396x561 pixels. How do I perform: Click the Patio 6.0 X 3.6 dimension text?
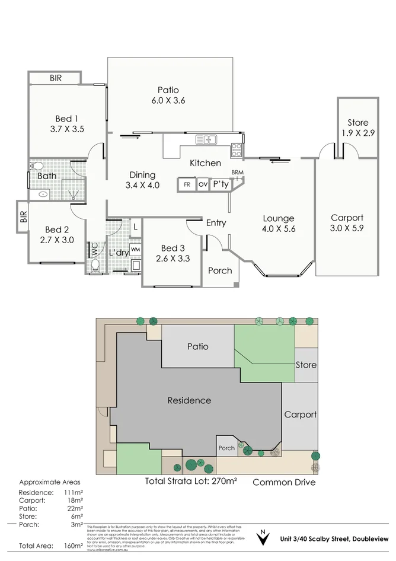click(x=168, y=101)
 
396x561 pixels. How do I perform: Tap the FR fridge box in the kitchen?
click(x=187, y=184)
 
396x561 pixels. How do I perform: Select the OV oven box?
click(x=203, y=184)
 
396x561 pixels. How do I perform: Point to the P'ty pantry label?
click(x=221, y=184)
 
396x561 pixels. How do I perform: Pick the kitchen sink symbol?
click(x=208, y=139)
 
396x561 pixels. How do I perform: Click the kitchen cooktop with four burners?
click(x=237, y=150)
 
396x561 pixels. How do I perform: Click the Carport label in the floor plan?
click(x=347, y=218)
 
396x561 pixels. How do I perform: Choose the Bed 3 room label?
click(x=172, y=248)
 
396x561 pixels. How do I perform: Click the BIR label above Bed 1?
click(x=55, y=78)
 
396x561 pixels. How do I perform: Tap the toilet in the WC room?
click(x=95, y=265)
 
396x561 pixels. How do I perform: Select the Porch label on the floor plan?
click(x=220, y=270)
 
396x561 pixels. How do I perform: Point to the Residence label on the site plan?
click(x=189, y=400)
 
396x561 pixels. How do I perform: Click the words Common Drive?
click(x=284, y=482)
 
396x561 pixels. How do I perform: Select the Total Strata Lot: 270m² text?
click(x=191, y=481)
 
